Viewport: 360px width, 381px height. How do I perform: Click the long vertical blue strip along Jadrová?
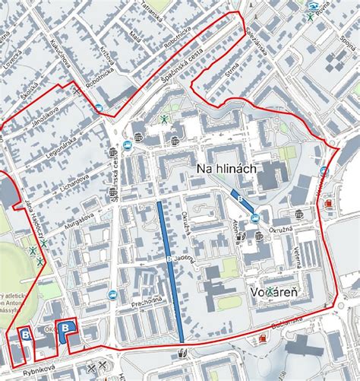pos(170,270)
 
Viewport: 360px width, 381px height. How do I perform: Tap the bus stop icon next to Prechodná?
pos(112,294)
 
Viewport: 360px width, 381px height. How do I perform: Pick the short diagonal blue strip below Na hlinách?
pos(243,202)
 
